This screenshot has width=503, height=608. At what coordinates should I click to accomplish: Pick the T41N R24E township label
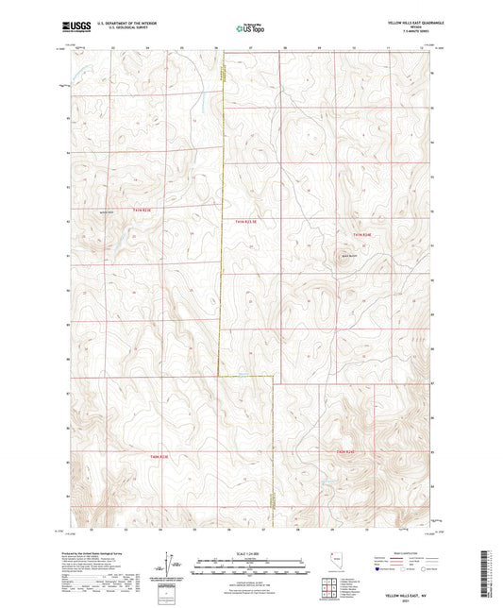(364, 234)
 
